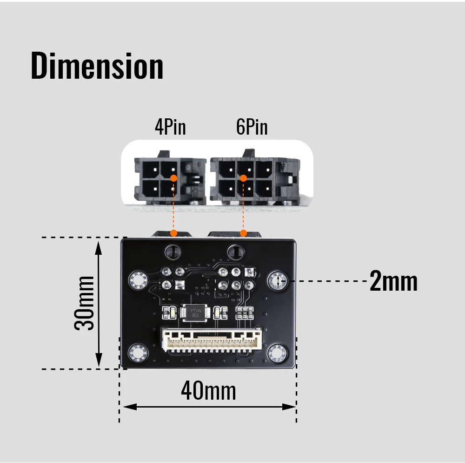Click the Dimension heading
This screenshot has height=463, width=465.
pyautogui.click(x=97, y=66)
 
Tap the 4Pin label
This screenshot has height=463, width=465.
pyautogui.click(x=170, y=127)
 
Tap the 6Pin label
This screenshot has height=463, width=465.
pyautogui.click(x=252, y=127)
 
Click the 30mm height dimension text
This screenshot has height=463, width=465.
pyautogui.click(x=84, y=303)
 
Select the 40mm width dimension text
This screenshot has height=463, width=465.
pyautogui.click(x=208, y=391)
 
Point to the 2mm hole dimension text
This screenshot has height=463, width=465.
pyautogui.click(x=393, y=281)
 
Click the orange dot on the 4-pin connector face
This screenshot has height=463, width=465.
pyautogui.click(x=174, y=178)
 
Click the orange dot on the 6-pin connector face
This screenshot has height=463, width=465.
pyautogui.click(x=244, y=178)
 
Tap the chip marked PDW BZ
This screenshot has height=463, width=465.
pyautogui.click(x=195, y=313)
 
